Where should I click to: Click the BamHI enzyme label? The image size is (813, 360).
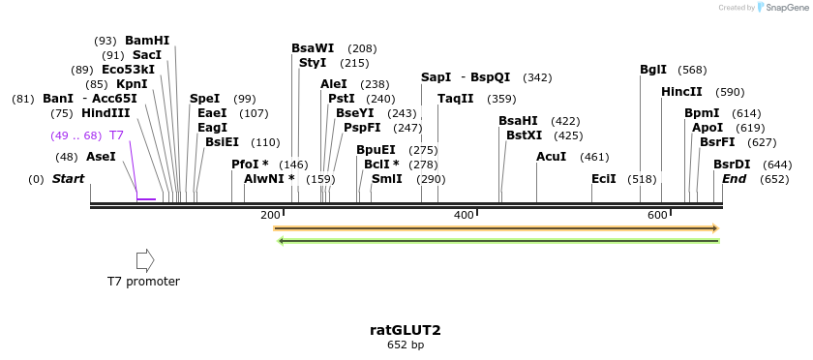(x=147, y=41)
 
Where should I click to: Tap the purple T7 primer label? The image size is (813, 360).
(x=116, y=135)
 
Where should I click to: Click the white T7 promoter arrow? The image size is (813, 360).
(x=145, y=260)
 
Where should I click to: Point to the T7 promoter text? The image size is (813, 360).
(x=143, y=282)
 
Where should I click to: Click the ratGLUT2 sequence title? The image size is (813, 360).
(x=406, y=330)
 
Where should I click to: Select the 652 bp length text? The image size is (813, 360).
(x=406, y=345)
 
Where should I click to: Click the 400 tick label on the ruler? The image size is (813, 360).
(x=464, y=215)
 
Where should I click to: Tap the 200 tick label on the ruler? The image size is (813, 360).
(x=270, y=215)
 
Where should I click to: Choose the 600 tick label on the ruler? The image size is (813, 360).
(x=657, y=215)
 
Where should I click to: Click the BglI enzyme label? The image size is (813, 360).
(x=653, y=70)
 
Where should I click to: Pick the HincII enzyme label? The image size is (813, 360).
(x=681, y=92)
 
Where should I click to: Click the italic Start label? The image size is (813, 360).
(x=68, y=179)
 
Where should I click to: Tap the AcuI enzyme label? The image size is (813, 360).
(x=551, y=157)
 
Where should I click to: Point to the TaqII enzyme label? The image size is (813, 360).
(x=456, y=99)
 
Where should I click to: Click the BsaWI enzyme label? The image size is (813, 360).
(x=313, y=48)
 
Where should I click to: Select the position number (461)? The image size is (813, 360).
(x=594, y=157)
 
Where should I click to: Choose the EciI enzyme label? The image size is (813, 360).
(x=604, y=179)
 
